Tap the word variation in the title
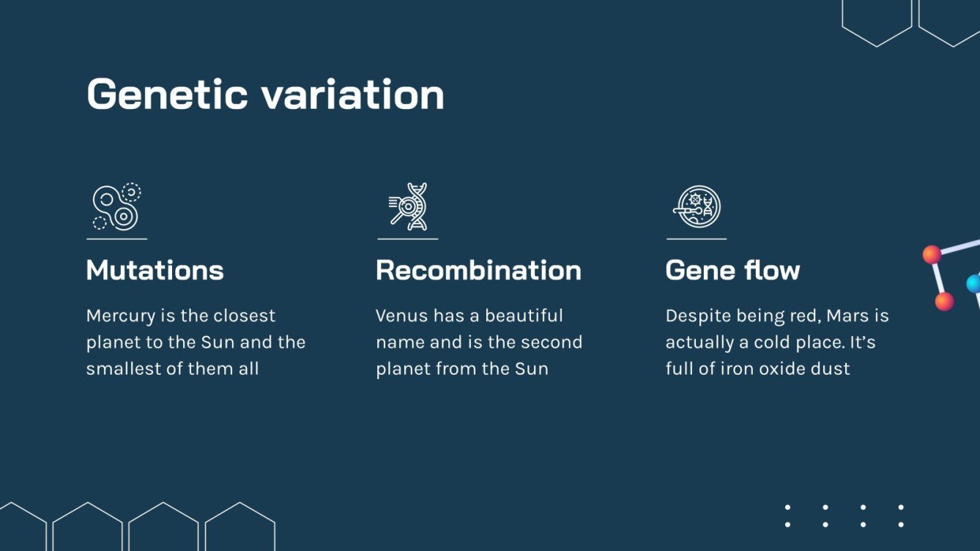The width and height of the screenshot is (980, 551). tap(352, 94)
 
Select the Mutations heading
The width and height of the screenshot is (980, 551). tap(155, 270)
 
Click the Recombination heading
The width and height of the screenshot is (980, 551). tap(478, 270)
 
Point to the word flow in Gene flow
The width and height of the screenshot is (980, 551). tap(770, 270)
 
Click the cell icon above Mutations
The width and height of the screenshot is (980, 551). tap(116, 207)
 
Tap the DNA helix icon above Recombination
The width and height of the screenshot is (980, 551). tap(408, 207)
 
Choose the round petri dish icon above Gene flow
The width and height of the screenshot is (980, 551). tap(697, 207)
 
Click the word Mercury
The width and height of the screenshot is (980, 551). tap(121, 316)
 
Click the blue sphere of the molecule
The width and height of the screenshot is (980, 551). tap(973, 283)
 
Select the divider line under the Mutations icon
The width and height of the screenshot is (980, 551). tap(116, 239)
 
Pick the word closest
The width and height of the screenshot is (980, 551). tap(240, 316)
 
